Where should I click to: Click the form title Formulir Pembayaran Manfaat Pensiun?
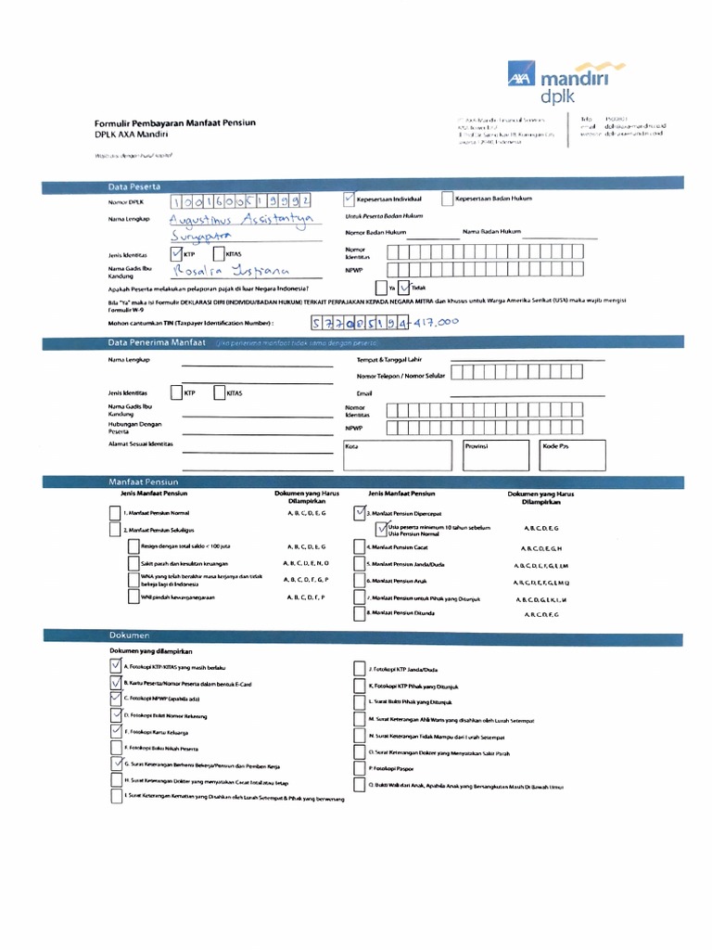[175, 122]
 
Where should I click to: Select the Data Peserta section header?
[135, 186]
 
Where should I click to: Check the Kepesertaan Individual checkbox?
[348, 199]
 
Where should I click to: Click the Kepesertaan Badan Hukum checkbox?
[447, 199]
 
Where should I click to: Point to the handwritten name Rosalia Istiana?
[232, 271]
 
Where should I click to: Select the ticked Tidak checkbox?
[403, 288]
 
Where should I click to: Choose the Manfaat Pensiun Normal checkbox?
[115, 513]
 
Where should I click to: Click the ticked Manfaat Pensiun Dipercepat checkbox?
[360, 512]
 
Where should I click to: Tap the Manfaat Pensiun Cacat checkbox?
[360, 547]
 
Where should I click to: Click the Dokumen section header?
[130, 635]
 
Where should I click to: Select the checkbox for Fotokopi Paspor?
[360, 769]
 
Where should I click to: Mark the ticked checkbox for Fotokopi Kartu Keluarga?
[115, 731]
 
